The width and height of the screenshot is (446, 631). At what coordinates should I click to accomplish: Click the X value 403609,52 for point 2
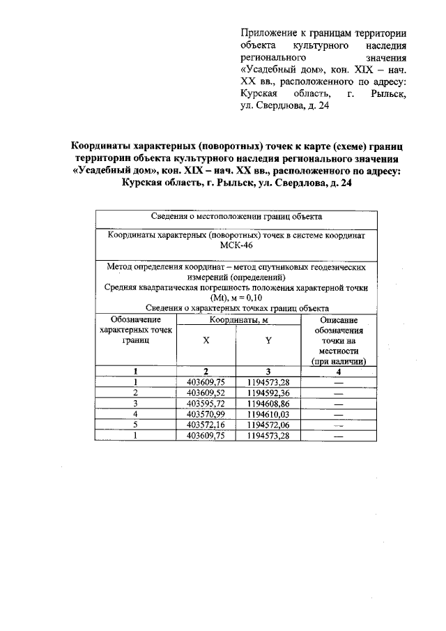pos(206,392)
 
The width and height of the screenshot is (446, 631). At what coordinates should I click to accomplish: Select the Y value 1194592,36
pos(268,392)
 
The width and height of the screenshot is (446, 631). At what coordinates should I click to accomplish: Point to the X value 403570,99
pos(206,413)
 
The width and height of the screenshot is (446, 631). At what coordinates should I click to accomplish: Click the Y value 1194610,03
pos(268,413)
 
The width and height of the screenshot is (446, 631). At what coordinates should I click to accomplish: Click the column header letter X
pos(206,342)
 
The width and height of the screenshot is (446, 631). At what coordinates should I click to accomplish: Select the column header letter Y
pos(268,342)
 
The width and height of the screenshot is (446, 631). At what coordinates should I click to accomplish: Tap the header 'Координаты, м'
pos(237,320)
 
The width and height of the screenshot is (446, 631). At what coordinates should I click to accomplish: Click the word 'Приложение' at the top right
pos(267,33)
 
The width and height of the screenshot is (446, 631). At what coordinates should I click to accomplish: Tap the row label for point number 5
pos(135,424)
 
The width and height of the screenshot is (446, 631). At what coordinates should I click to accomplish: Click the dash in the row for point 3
pos(339,403)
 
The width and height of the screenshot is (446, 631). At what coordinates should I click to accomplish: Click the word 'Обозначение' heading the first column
pos(135,320)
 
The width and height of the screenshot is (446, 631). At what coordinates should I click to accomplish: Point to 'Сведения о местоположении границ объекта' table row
pos(236,218)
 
